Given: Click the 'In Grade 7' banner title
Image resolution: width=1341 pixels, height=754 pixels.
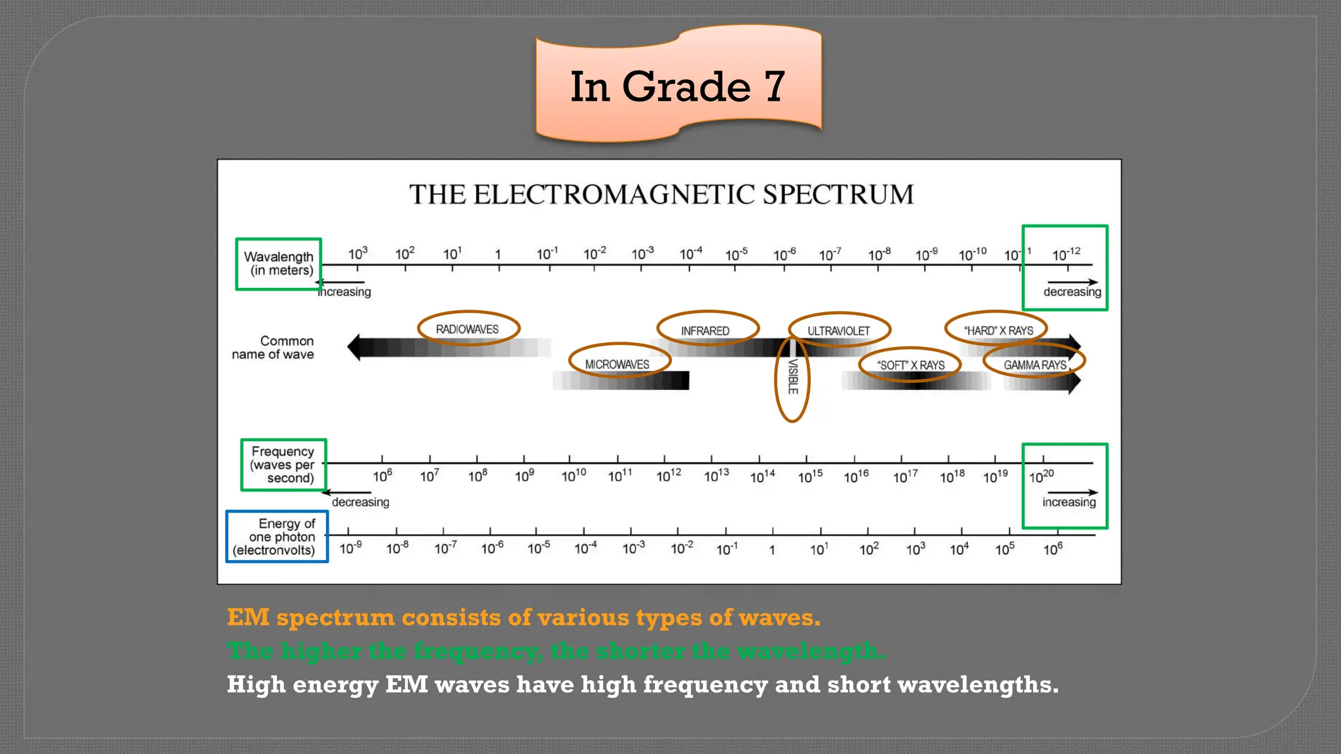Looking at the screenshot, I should point(677,86).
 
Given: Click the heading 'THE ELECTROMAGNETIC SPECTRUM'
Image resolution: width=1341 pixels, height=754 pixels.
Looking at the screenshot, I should point(661,195).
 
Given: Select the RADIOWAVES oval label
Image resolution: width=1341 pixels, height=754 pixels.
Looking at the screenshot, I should point(468,329).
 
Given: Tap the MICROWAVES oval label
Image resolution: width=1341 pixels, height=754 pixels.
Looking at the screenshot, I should point(617,365).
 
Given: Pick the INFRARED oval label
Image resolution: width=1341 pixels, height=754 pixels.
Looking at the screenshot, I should point(705,331).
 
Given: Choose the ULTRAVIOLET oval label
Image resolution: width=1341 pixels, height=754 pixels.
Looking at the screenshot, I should point(839,331).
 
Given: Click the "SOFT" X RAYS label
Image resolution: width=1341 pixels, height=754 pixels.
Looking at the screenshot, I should point(911,365).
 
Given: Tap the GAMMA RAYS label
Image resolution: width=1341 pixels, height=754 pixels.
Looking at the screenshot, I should point(1035,365).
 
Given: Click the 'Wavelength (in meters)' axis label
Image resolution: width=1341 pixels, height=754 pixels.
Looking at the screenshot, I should point(279,264).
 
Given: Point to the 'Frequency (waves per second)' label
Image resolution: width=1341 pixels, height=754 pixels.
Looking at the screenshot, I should point(283,465).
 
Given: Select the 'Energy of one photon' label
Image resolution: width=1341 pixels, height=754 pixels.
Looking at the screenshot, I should point(277,537).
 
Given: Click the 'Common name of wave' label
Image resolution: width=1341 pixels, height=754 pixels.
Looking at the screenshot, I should point(274,348).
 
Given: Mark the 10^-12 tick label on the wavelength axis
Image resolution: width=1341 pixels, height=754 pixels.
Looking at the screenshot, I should point(1066,254).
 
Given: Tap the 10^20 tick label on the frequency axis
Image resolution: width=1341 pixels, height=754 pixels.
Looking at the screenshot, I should point(1041,476).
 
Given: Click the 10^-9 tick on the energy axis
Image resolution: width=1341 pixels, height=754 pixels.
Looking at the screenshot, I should point(350,548).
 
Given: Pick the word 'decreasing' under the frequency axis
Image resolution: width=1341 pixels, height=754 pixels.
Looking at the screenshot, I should point(360,502).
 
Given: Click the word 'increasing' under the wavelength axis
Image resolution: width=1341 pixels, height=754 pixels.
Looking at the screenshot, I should point(345,292).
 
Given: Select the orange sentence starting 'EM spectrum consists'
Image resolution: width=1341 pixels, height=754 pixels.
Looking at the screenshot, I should point(523,617).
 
